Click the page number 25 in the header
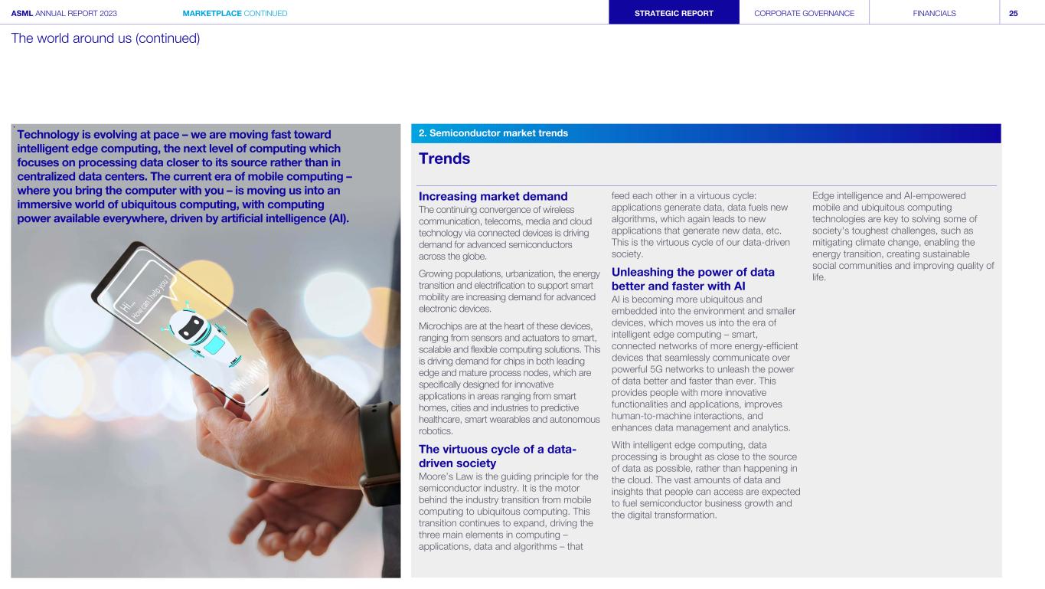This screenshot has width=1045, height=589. [x=1013, y=13]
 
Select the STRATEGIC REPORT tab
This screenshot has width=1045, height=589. [x=674, y=13]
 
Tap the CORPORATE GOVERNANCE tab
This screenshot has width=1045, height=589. [x=804, y=13]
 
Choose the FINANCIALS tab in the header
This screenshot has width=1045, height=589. [x=934, y=13]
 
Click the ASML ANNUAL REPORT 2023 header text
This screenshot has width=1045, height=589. [x=64, y=13]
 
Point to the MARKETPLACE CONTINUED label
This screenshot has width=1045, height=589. [x=235, y=13]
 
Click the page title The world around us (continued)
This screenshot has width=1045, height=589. [x=106, y=38]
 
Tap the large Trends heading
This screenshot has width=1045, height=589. [x=444, y=159]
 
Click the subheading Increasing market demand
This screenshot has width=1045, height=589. [x=492, y=197]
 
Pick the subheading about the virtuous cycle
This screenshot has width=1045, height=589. [x=497, y=456]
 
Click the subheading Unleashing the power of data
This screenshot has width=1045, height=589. [x=693, y=279]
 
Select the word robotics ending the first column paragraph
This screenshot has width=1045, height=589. [x=433, y=431]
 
